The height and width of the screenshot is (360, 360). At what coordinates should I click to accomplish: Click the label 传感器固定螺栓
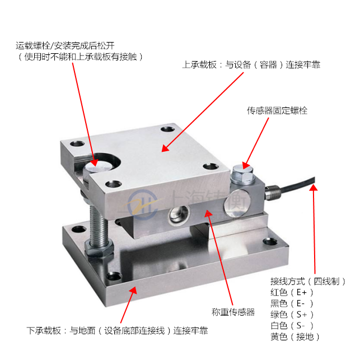pos(277,111)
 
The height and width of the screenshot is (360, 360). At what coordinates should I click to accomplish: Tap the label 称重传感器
pos(233,312)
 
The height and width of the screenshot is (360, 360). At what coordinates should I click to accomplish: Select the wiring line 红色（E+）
pos(292,292)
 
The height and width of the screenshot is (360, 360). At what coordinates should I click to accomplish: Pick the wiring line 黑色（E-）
pos(292,303)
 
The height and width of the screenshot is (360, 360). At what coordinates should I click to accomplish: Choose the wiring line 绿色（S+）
pos(292,315)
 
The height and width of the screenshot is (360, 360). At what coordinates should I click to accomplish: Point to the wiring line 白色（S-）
pos(292,325)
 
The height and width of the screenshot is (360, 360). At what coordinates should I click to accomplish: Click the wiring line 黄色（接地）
pos(295,337)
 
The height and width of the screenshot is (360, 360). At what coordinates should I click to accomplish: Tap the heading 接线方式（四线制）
pos(308,281)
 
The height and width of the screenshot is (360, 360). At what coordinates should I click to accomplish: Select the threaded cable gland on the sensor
pos(273,193)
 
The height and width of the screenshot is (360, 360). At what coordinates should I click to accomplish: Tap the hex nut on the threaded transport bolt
pos(99,248)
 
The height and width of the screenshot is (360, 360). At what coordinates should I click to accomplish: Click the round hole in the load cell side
pos(179,214)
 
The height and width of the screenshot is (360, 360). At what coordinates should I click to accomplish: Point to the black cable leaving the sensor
pos(298,185)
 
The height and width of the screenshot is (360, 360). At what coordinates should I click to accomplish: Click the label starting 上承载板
pos(251,65)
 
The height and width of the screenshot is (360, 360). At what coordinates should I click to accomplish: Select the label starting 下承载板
pos(117,331)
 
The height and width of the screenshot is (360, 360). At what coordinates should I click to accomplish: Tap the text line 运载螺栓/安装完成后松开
pos(65,46)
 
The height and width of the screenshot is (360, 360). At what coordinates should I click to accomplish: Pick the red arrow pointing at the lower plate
pos(129,305)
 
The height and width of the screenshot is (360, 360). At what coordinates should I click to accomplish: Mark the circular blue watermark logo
pos(143,205)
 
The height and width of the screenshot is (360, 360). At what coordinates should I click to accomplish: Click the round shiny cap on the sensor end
pos(237,204)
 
